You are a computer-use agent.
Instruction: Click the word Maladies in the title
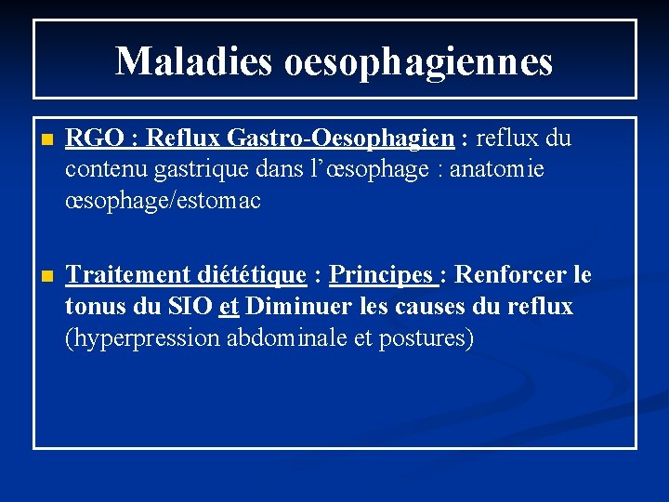[x=192, y=61]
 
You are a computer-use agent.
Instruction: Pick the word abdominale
[x=289, y=337]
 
